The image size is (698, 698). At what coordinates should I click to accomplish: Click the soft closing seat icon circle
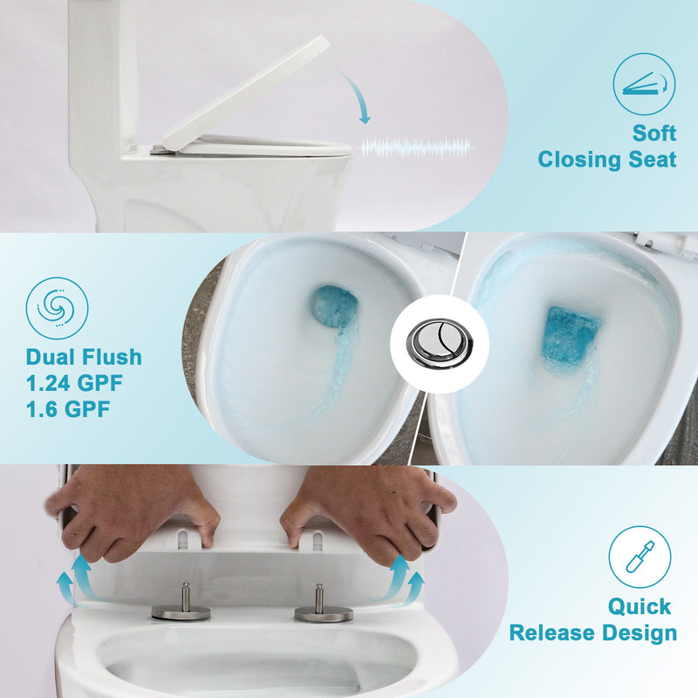[x=644, y=84]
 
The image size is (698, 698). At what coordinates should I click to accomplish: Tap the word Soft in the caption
[x=655, y=133]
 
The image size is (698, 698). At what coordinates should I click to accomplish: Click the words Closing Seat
[x=607, y=160]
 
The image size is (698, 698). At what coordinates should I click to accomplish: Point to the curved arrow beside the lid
[x=355, y=96]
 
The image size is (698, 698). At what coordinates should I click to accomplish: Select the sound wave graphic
[x=417, y=147]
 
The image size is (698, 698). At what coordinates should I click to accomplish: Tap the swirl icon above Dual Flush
[x=57, y=308]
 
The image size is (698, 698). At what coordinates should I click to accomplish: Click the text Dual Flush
[x=84, y=358]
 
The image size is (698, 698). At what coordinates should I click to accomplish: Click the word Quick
[x=640, y=606]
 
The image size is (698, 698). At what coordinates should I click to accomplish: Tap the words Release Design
[x=593, y=633]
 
